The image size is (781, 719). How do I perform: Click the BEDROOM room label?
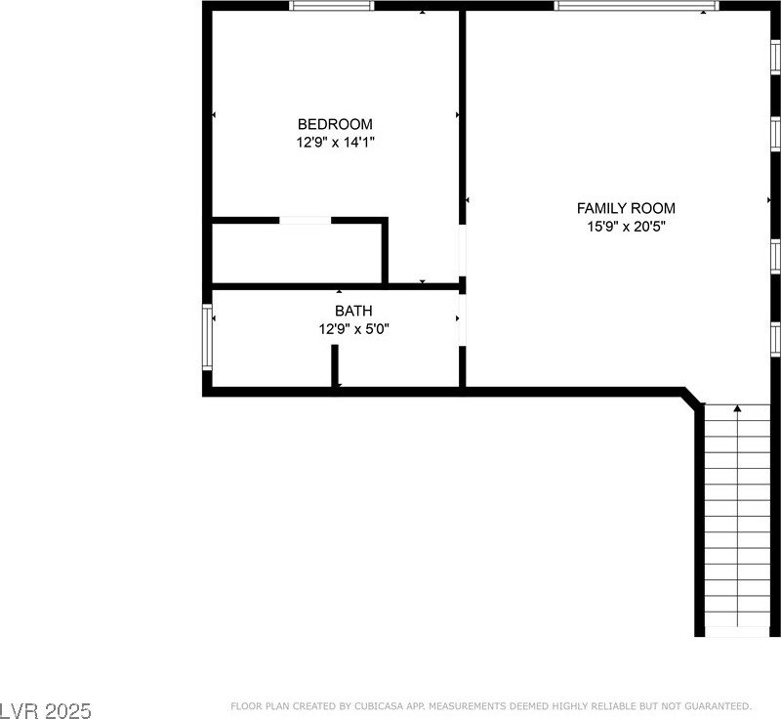(335, 123)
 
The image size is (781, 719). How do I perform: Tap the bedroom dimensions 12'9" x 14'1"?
(335, 143)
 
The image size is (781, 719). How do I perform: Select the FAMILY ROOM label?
(626, 208)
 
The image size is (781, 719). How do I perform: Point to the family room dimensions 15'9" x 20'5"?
(626, 227)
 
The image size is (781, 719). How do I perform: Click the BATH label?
(353, 311)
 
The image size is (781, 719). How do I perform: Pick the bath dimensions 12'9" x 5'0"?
(353, 329)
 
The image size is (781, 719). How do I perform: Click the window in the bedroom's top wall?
(331, 6)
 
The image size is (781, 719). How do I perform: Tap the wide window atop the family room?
(637, 6)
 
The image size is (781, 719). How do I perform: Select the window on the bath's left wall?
(207, 337)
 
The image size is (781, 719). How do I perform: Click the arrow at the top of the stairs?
(737, 408)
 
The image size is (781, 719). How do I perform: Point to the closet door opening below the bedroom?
(306, 220)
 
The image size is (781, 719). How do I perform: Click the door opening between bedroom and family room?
(462, 251)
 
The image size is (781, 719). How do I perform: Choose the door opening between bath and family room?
(462, 319)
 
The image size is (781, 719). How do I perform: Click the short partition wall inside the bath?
(335, 365)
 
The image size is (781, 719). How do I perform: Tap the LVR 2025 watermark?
(46, 710)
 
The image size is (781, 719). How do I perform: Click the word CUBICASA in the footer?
(374, 706)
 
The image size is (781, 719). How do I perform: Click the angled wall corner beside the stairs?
(693, 398)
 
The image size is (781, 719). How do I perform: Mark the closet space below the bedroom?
(297, 253)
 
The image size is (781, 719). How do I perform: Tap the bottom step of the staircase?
(737, 631)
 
